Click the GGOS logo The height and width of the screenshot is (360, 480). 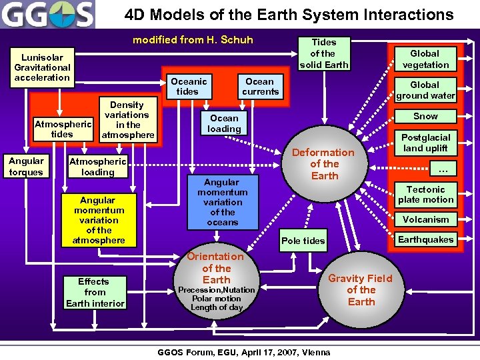(48, 15)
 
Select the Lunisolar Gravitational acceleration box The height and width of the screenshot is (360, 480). (43, 67)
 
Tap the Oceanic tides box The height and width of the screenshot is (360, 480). (189, 86)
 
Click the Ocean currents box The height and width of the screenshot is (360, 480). (260, 86)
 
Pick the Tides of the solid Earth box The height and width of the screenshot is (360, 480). (323, 53)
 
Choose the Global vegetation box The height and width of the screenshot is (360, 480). (425, 59)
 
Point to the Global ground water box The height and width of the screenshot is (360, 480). (425, 90)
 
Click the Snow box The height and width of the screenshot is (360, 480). (425, 116)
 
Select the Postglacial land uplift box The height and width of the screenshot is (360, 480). (425, 143)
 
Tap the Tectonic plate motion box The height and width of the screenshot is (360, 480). (425, 194)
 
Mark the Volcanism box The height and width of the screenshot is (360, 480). (425, 219)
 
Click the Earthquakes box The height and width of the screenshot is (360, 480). (425, 239)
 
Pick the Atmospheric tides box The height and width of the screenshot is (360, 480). (62, 129)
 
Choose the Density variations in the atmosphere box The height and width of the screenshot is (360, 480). (127, 120)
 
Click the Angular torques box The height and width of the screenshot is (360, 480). (26, 167)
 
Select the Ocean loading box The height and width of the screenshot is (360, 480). (224, 123)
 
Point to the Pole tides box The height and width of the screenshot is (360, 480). (303, 241)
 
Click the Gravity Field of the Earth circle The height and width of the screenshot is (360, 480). (361, 290)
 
